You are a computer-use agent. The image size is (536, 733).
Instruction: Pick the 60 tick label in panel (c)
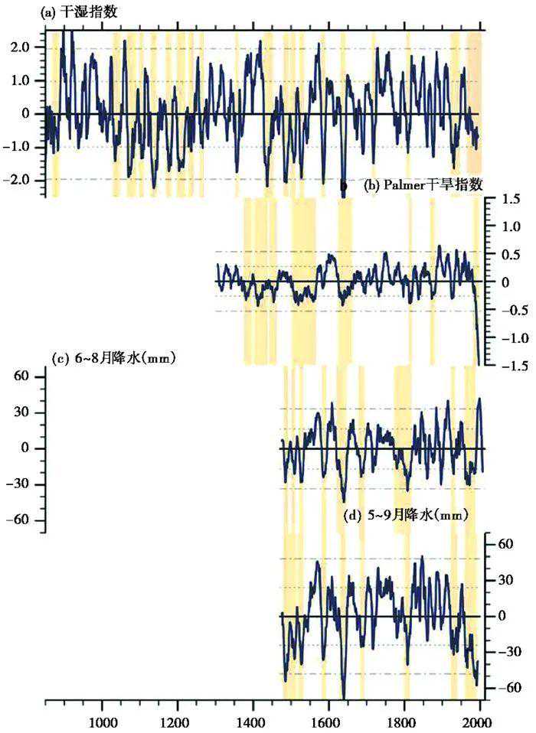coord(20,376)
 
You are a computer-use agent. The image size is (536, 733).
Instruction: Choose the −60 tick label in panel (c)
coord(17,520)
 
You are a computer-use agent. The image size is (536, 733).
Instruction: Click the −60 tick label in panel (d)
coord(507,688)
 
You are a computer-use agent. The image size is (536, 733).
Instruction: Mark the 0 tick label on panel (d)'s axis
coord(505,616)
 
